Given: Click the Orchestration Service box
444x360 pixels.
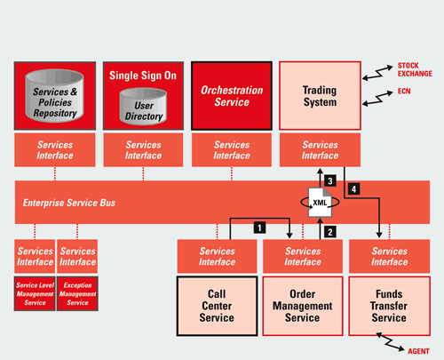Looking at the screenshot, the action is click(232, 96).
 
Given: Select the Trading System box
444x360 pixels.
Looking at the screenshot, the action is click(320, 96).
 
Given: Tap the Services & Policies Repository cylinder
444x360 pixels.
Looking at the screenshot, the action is click(55, 96).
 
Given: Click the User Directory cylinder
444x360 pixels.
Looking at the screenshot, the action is click(143, 107).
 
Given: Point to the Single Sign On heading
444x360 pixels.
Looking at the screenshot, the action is click(143, 76).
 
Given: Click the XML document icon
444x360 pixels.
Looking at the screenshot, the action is click(320, 203).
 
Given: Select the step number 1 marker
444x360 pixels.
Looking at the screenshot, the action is click(259, 228).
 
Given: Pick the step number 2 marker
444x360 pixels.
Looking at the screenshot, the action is click(330, 232).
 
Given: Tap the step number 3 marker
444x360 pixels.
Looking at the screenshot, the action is click(330, 180).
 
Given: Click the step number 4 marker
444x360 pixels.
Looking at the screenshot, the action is click(354, 188).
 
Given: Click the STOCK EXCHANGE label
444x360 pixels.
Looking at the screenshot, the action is click(415, 69).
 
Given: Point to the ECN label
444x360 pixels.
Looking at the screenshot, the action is click(404, 92).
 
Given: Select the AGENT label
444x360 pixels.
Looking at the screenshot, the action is click(418, 351).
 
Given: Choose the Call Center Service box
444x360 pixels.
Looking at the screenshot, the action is click(217, 306).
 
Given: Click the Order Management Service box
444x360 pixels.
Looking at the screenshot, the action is click(303, 306).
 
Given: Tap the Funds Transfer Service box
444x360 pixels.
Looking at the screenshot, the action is click(389, 306).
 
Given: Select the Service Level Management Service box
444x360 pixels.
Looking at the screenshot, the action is click(35, 293).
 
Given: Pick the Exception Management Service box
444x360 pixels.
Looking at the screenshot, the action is click(77, 293).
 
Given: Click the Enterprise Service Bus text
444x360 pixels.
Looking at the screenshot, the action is click(69, 203).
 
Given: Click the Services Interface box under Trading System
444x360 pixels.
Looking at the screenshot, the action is click(320, 150).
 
